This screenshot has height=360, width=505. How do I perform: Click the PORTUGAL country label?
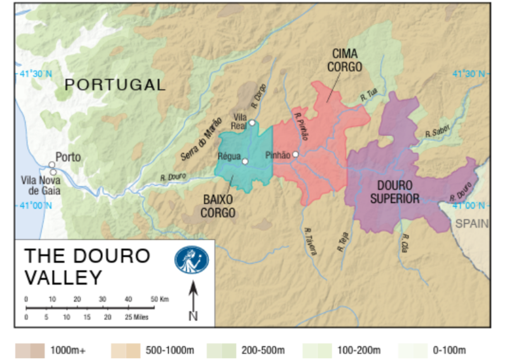point(115,85)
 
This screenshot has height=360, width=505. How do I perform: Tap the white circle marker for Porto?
point(51,165)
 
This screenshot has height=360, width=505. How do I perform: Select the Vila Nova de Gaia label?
point(41,186)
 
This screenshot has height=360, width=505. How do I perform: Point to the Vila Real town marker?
point(252,123)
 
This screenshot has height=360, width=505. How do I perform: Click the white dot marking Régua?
point(245,161)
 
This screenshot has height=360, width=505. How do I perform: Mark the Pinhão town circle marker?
point(295,155)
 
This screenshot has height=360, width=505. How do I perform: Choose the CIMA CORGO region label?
point(345,60)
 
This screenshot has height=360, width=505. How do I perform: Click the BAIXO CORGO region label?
point(219,206)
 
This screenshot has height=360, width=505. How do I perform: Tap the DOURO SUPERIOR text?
point(394,192)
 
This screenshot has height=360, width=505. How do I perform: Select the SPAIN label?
point(472,224)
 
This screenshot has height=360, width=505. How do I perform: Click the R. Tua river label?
point(368,98)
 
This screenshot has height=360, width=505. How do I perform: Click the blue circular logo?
point(191,260)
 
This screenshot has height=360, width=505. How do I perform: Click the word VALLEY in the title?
point(63,278)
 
